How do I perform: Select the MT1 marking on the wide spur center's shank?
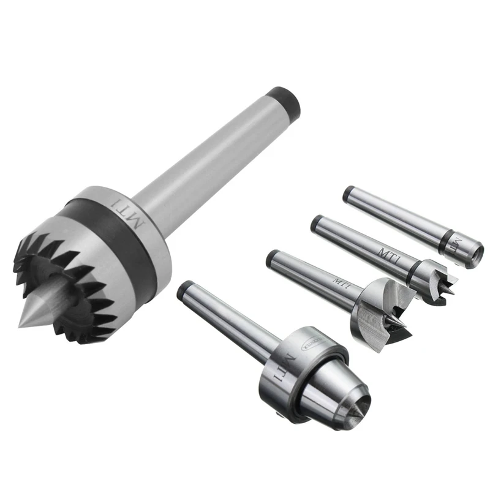click(x=341, y=282)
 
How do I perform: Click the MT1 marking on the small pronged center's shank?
click(x=388, y=253)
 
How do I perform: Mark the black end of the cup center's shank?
click(x=347, y=192)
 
